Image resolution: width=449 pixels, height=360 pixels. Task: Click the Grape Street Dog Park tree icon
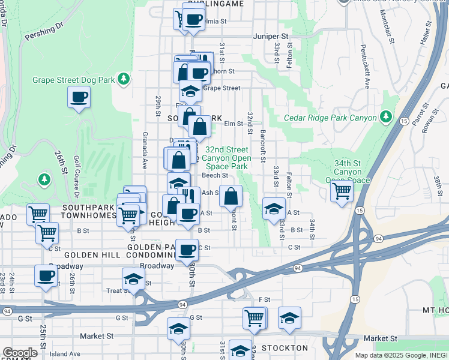coord(124,79)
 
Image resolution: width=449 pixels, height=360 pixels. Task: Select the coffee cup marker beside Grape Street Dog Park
coord(79,97)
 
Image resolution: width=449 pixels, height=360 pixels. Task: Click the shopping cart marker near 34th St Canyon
coord(342,192)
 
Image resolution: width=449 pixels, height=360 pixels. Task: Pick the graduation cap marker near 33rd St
coord(274,208)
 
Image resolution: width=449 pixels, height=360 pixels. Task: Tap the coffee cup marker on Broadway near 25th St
coord(46,276)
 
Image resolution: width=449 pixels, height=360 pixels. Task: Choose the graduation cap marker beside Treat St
coord(133,279)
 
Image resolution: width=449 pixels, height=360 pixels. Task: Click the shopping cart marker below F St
coord(255,317)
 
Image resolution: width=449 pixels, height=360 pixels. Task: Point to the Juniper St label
coord(271,37)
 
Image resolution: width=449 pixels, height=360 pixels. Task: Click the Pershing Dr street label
coord(43,33)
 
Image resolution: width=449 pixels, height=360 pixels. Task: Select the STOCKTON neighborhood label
coord(286,348)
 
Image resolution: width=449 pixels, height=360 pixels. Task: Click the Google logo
coord(20,353)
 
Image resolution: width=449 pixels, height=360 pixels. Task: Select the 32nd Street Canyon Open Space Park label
coord(226,158)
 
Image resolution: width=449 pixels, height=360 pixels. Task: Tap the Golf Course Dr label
coord(77,176)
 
